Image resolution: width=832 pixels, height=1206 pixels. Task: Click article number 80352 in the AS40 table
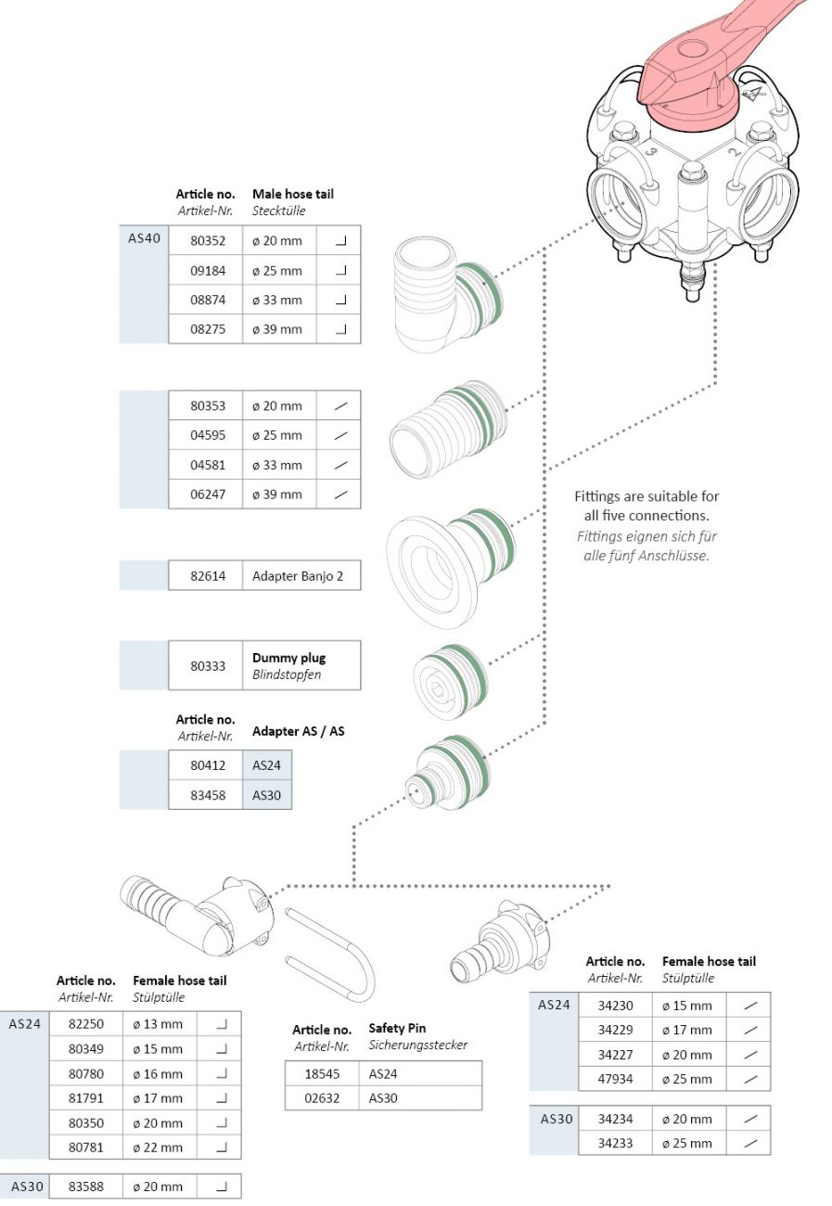[208, 241]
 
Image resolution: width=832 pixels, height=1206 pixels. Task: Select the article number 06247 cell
[208, 494]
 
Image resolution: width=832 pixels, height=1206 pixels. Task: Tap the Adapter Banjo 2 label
[298, 576]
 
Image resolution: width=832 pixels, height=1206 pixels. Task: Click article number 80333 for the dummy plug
[208, 665]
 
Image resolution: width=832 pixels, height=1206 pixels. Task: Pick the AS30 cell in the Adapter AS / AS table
[267, 795]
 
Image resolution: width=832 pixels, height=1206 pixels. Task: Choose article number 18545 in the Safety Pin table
[323, 1073]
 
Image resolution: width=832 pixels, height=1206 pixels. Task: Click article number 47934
[616, 1079]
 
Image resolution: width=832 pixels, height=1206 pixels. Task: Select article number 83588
[86, 1187]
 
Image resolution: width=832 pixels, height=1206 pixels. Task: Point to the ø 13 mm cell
[158, 1024]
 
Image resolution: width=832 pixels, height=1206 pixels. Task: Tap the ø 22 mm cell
[158, 1148]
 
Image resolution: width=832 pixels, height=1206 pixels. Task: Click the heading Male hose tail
[292, 194]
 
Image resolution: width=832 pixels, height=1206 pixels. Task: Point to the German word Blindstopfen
[287, 674]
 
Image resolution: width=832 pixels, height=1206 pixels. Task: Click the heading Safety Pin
[397, 1028]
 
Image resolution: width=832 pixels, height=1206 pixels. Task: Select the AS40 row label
[144, 238]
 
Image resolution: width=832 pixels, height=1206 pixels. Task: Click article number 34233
[616, 1143]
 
